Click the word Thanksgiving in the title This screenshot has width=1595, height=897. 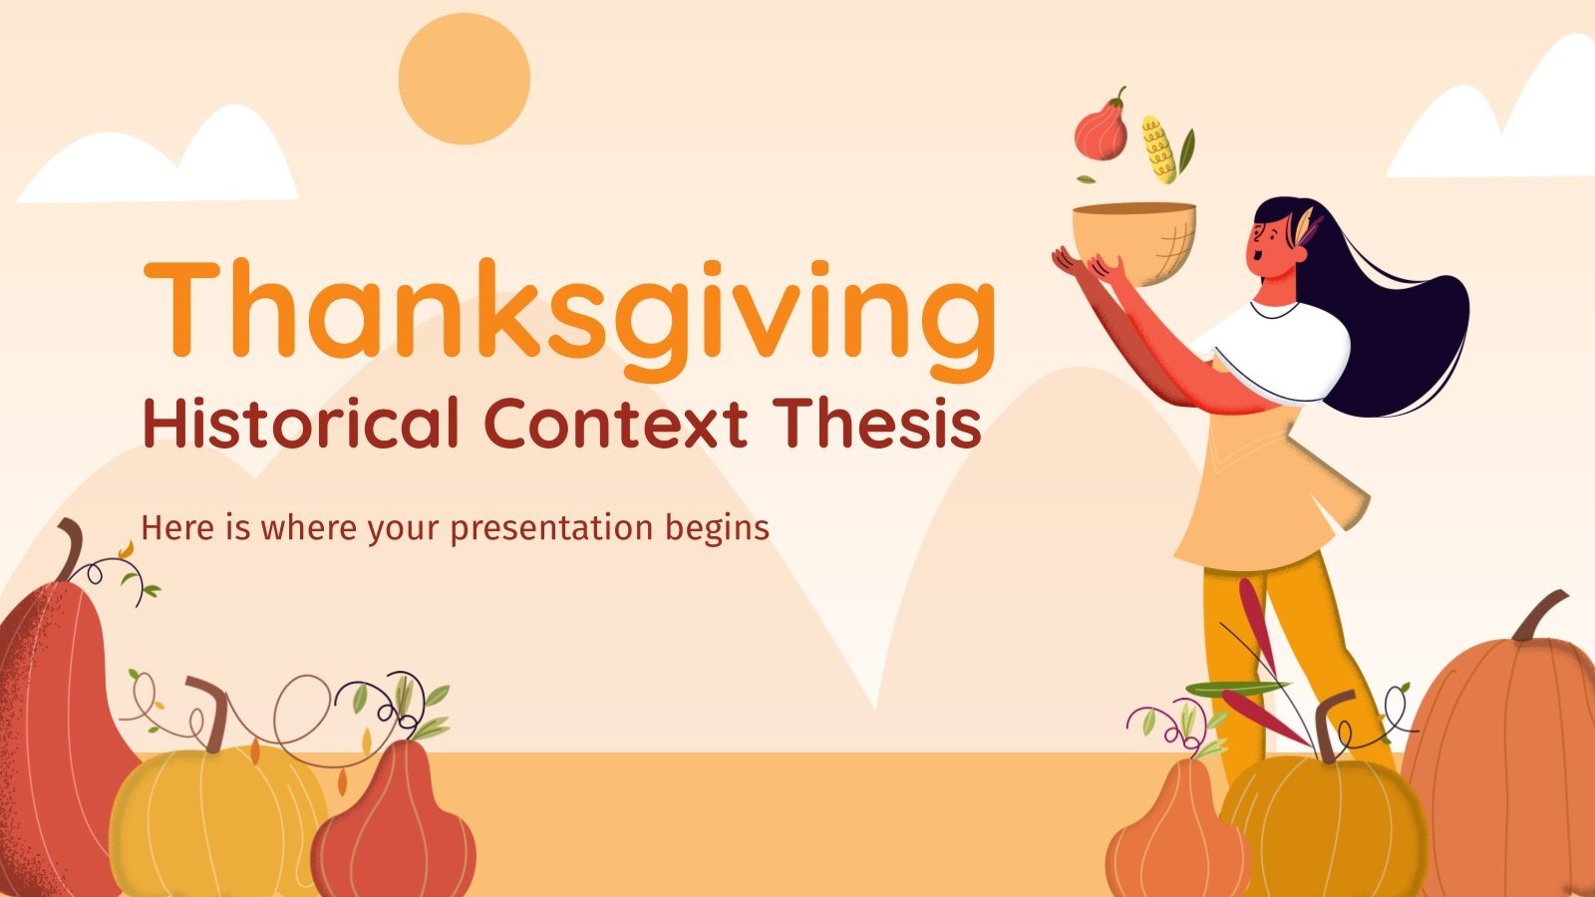(569, 309)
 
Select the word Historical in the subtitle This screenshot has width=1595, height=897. (300, 423)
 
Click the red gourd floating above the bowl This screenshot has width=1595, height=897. (1102, 130)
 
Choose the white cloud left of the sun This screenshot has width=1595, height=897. (159, 164)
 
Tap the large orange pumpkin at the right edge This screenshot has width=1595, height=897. (1505, 757)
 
